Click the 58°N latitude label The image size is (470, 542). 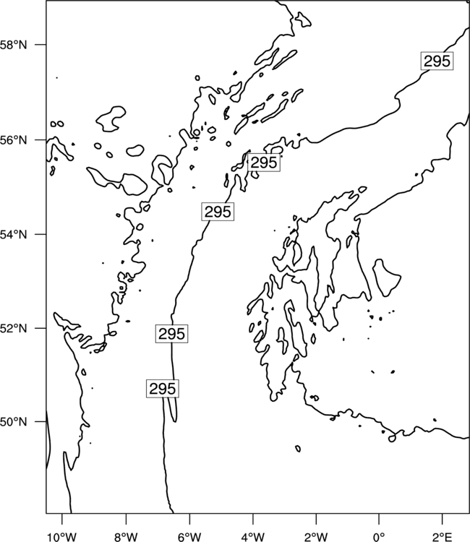[x=14, y=45]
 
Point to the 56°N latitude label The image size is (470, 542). [x=14, y=140]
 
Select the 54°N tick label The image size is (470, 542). [x=14, y=234]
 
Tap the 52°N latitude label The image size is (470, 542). [x=14, y=328]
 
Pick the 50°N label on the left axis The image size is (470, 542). [x=14, y=422]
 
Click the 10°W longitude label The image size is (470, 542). [x=62, y=537]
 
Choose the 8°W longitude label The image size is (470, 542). [x=126, y=537]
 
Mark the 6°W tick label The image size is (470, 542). [x=189, y=537]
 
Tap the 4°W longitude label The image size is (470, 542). [x=252, y=537]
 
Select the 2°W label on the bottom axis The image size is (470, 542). [x=316, y=537]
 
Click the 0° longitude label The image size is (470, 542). [x=379, y=537]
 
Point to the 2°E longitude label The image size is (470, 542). [x=443, y=537]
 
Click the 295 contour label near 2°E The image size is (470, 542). [x=437, y=61]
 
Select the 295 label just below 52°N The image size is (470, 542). [x=172, y=334]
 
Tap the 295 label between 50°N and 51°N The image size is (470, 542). [x=163, y=389]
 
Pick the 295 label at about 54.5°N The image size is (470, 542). [x=218, y=212]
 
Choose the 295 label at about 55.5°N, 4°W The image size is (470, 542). [x=264, y=163]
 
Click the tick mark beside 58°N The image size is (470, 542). [x=40, y=45]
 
